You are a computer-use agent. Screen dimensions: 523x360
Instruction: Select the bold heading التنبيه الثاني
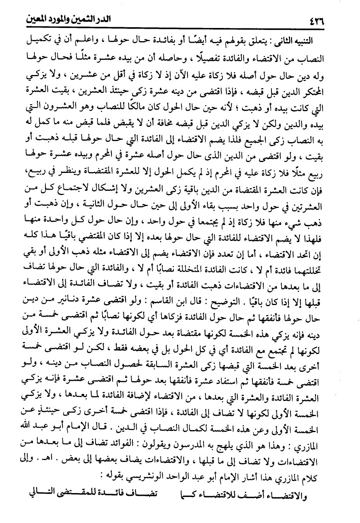click(x=298, y=41)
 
